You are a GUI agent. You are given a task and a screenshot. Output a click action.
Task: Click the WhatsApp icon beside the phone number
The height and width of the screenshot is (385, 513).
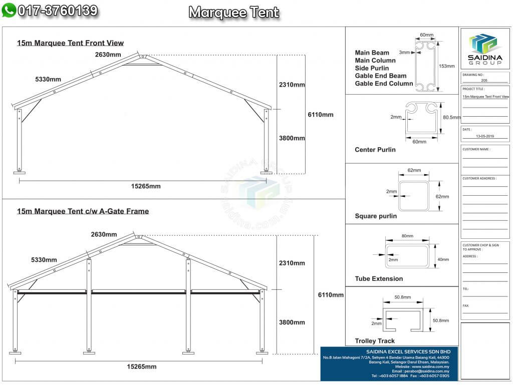click(x=9, y=11)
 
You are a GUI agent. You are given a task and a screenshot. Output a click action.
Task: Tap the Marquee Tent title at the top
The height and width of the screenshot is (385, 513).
click(x=233, y=13)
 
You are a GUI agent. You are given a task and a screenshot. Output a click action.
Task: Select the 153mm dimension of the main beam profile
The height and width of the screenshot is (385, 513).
click(x=446, y=66)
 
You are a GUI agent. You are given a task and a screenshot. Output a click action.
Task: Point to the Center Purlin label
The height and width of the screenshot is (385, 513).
click(x=375, y=150)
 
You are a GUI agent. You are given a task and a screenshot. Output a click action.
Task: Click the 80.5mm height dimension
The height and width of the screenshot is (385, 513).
click(x=452, y=117)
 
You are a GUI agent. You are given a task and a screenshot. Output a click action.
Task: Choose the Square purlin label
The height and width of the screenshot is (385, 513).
click(x=375, y=216)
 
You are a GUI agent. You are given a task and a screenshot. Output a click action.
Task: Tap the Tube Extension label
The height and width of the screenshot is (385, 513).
click(x=378, y=279)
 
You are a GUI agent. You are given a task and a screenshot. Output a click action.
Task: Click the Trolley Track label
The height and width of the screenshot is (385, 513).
click(x=375, y=341)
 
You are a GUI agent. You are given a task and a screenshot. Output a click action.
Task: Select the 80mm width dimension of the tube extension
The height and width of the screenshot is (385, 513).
click(x=407, y=236)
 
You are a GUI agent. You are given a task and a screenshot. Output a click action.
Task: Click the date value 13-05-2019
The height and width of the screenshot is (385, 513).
click(x=484, y=136)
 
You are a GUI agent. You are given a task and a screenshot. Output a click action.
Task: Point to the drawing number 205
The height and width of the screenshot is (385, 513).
click(x=484, y=80)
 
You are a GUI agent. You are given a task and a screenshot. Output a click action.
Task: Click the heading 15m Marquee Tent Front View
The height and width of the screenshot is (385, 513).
click(x=70, y=43)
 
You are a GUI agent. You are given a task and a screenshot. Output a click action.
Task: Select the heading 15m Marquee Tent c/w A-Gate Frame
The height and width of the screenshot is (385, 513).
click(x=83, y=211)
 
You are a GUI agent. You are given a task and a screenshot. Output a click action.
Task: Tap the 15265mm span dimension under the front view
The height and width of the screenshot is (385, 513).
click(x=146, y=186)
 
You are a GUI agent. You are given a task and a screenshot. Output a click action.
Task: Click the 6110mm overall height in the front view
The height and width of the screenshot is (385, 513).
click(x=320, y=115)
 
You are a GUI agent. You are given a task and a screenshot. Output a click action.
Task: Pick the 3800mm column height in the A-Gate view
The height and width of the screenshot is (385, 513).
click(x=292, y=322)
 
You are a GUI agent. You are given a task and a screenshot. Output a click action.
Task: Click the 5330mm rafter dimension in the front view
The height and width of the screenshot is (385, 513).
click(x=48, y=80)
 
